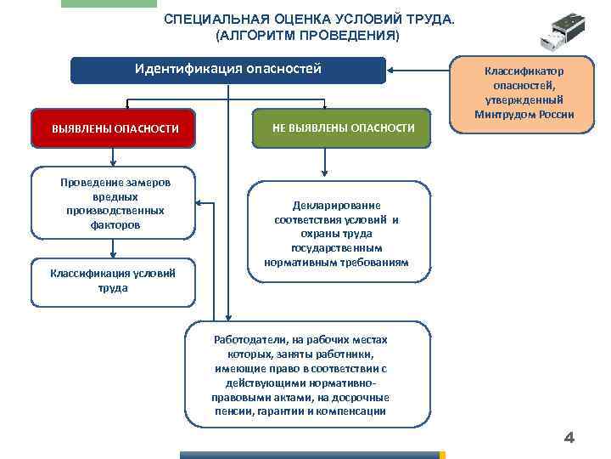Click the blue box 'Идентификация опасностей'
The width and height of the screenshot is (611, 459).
click(x=227, y=70)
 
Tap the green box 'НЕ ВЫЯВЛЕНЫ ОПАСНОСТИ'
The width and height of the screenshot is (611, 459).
click(x=343, y=127)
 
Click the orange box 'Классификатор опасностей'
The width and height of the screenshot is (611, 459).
click(x=524, y=93)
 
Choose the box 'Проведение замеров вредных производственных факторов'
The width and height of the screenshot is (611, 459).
click(x=114, y=204)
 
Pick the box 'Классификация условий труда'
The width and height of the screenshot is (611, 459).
click(x=114, y=280)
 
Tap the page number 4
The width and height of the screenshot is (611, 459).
click(x=569, y=438)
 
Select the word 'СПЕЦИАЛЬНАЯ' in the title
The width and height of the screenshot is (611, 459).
click(x=212, y=19)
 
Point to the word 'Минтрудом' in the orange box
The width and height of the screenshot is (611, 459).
click(x=504, y=115)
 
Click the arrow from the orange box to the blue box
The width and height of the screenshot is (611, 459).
click(x=420, y=70)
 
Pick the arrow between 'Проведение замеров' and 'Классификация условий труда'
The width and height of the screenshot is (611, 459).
click(x=114, y=248)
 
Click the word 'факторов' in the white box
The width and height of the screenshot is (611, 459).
click(x=114, y=225)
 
